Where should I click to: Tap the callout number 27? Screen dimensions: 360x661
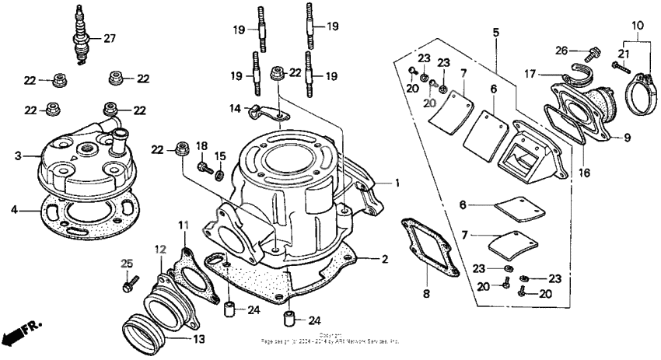(109, 39)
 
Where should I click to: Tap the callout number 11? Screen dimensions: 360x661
(184, 225)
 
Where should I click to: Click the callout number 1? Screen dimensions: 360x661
(397, 183)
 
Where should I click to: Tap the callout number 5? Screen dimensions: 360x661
(495, 32)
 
